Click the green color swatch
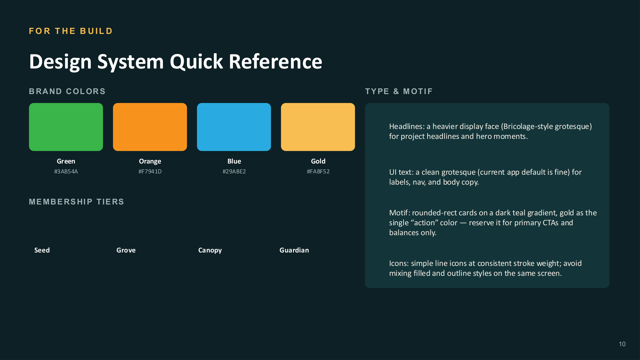[x=66, y=127]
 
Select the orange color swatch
[x=150, y=127]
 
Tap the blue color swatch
[x=234, y=127]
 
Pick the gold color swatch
[x=318, y=127]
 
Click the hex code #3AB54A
[x=66, y=172]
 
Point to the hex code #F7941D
[x=150, y=172]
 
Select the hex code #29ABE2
[x=234, y=172]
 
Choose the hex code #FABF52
[x=318, y=172]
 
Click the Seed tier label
[x=42, y=250]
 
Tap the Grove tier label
[x=126, y=250]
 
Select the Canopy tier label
[x=210, y=251]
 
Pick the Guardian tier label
[x=294, y=250]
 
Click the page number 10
[x=622, y=344]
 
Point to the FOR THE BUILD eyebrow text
[x=71, y=31]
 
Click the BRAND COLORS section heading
[x=67, y=92]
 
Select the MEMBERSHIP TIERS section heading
[x=76, y=202]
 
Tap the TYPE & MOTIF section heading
[x=399, y=92]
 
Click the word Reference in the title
[x=276, y=61]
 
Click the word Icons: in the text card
[x=399, y=263]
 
